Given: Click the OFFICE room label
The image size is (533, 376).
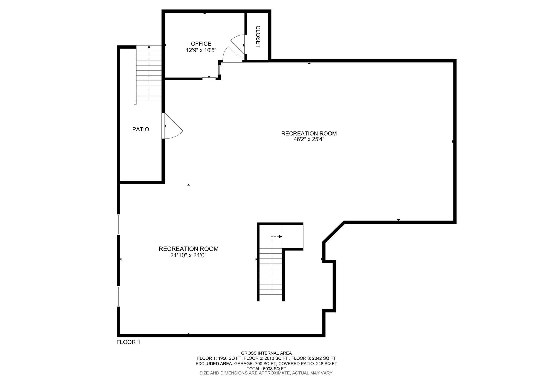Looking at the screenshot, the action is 201,44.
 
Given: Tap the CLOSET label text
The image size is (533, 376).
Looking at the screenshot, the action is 258,37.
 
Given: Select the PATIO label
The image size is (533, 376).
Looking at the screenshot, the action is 141,129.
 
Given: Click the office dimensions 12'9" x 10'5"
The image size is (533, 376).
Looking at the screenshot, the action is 201,50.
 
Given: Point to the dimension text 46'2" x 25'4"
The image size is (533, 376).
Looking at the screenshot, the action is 309,139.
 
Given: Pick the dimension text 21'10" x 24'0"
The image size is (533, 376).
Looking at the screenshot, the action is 189,255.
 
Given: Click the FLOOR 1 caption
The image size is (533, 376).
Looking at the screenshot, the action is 128,342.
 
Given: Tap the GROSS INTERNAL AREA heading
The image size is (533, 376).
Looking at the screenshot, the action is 266,353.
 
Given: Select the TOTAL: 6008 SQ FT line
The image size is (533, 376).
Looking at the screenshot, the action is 266,368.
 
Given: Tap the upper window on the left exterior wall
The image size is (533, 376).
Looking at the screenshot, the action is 119,224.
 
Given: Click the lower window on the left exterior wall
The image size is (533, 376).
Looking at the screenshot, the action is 119,296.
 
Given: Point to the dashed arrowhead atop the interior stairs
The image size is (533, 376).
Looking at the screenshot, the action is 281,236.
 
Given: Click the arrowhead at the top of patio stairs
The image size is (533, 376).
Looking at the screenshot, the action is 149,47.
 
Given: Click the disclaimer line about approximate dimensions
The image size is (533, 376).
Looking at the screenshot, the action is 266,373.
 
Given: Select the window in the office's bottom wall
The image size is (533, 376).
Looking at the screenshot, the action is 209,78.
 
